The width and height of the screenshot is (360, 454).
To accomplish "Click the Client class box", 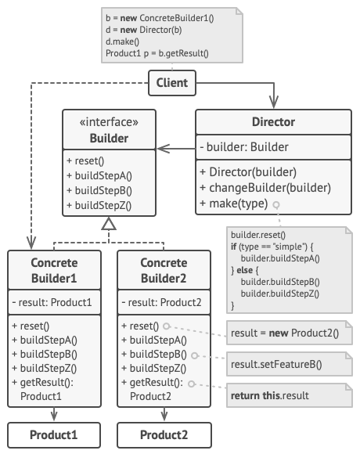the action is [172, 83].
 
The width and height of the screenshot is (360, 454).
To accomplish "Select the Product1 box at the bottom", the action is [54, 435].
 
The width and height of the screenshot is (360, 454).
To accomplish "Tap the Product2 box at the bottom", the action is [164, 435].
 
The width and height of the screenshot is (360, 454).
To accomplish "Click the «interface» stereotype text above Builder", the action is [109, 122].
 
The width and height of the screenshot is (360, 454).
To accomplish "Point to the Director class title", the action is [273, 122].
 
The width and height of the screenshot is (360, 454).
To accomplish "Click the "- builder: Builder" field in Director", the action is [244, 147].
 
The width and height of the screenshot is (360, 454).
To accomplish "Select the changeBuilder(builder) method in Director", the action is [265, 188].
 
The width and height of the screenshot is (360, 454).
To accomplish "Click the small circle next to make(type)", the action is [276, 205].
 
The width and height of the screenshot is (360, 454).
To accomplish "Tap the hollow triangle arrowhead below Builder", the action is [109, 224].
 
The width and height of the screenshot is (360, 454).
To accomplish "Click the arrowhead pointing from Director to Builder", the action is [164, 149].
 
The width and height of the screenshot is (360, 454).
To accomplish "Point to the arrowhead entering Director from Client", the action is [273, 102].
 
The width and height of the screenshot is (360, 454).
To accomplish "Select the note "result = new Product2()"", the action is [290, 333].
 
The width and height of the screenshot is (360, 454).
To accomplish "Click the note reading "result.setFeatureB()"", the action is [290, 364].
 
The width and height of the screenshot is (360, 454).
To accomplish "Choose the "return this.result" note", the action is [290, 395].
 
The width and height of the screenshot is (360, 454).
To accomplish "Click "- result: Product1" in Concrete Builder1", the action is [52, 302].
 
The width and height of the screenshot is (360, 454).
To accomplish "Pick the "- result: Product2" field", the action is [161, 302].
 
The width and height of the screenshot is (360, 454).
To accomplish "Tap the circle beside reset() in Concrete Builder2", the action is [166, 326].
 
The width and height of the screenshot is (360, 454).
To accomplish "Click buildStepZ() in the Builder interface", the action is [99, 205].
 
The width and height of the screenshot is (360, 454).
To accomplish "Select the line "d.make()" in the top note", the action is [122, 41].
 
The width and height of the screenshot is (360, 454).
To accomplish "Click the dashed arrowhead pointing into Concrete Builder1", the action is [31, 243].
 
